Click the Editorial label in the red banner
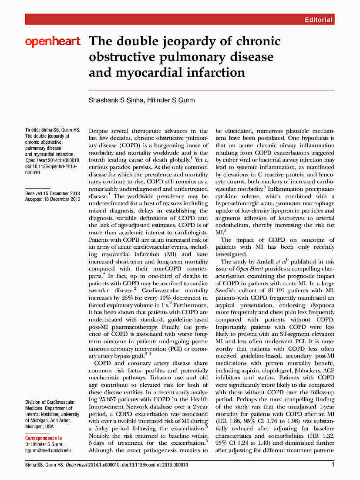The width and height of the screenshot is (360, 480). click(x=319, y=20)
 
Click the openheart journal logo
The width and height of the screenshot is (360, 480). click(x=53, y=42)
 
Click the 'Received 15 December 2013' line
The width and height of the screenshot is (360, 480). click(x=53, y=193)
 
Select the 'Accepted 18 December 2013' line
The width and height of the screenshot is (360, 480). click(x=53, y=199)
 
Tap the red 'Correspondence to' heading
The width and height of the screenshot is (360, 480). click(x=44, y=438)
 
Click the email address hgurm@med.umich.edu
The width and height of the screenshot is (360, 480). click(x=48, y=451)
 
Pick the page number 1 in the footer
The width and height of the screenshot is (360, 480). click(x=333, y=466)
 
